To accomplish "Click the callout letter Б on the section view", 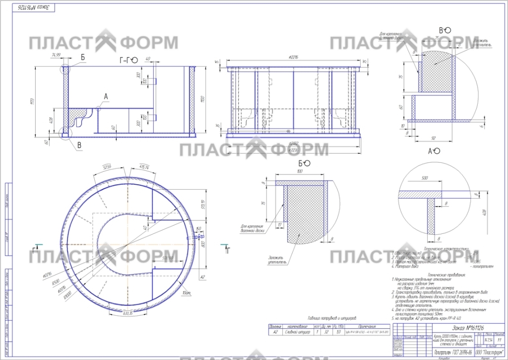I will [x=83, y=58].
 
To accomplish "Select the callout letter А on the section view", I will [x=105, y=96].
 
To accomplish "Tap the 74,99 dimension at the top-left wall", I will [x=55, y=55].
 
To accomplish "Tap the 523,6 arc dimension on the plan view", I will [x=107, y=166].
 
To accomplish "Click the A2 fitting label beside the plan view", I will [x=202, y=277].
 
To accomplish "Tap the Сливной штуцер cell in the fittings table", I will [x=298, y=331].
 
